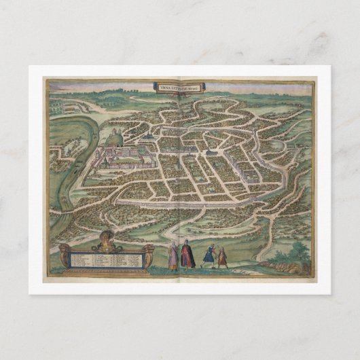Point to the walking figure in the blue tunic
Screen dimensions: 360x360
click(x=211, y=256)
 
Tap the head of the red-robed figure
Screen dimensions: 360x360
click(x=187, y=243)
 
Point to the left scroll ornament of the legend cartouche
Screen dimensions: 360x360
click(x=65, y=257)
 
